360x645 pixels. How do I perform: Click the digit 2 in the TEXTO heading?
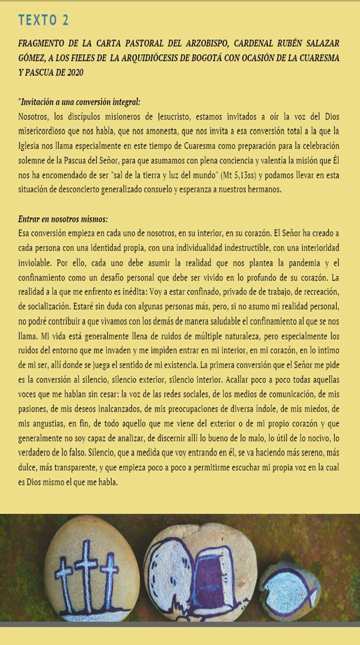(x=65, y=20)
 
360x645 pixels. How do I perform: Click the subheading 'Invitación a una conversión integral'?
(x=79, y=102)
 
